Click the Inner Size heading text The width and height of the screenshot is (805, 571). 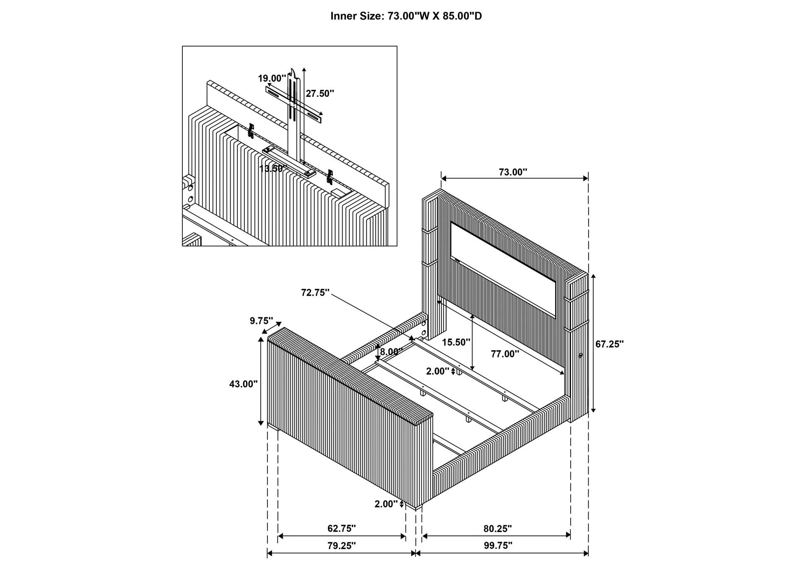(406, 16)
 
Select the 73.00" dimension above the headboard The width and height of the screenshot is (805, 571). (513, 172)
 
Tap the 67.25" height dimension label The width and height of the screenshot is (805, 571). (609, 344)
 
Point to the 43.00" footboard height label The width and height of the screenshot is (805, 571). (243, 383)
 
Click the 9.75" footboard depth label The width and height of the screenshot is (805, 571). (261, 321)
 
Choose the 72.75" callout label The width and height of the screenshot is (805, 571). (315, 292)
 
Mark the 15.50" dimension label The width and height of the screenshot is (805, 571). (456, 342)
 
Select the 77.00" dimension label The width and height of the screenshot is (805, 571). (505, 354)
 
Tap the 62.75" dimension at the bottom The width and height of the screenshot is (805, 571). (341, 528)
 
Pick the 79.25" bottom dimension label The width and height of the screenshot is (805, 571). (341, 545)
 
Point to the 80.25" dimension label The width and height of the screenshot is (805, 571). (497, 528)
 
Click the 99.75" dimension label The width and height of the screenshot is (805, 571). (498, 545)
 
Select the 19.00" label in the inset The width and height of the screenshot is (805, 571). (272, 78)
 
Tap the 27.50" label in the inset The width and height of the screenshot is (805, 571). (319, 93)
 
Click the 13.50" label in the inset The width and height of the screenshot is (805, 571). (273, 169)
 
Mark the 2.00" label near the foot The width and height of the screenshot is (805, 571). (386, 504)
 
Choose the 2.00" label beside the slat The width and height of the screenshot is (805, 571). (437, 371)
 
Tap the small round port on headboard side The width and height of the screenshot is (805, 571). (581, 355)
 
